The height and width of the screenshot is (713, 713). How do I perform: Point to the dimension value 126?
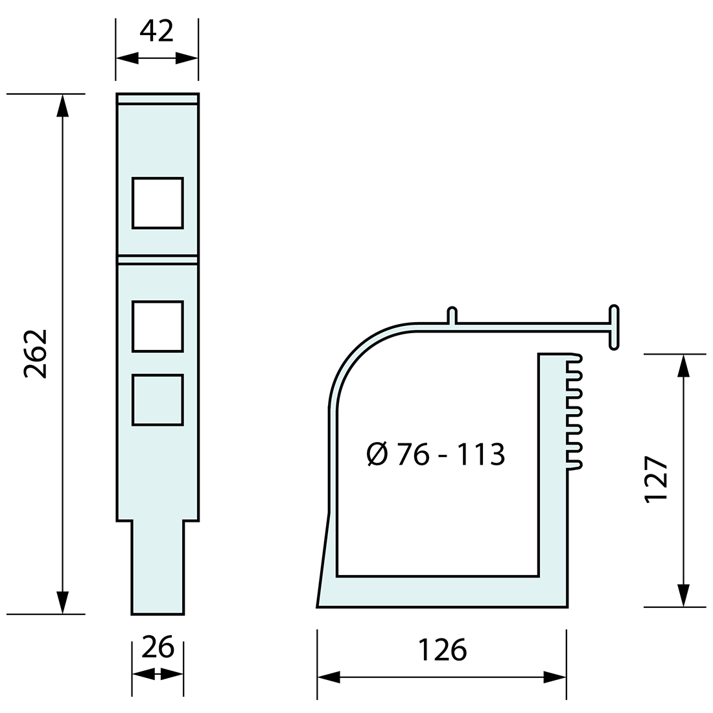tap(441, 649)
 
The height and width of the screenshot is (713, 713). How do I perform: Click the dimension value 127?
tap(656, 480)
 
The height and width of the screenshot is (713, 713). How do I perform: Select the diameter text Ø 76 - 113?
tap(435, 454)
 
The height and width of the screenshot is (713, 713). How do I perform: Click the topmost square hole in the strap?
tap(158, 203)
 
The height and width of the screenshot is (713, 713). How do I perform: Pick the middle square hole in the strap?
tap(158, 326)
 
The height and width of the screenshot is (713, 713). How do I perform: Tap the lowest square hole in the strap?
tap(158, 400)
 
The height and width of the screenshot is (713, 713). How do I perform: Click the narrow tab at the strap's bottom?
tap(158, 567)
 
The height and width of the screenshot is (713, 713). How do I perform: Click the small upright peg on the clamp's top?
tap(452, 316)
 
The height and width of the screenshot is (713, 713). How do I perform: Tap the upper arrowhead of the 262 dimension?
tap(62, 105)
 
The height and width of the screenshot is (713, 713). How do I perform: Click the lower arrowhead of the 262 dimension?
tap(62, 602)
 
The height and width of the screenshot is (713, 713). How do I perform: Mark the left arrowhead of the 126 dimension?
tap(329, 678)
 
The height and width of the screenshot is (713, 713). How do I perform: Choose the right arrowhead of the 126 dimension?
tap(555, 678)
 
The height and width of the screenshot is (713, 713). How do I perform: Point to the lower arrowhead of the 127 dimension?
tap(683, 596)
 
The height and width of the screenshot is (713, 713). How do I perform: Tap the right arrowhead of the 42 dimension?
tap(187, 59)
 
